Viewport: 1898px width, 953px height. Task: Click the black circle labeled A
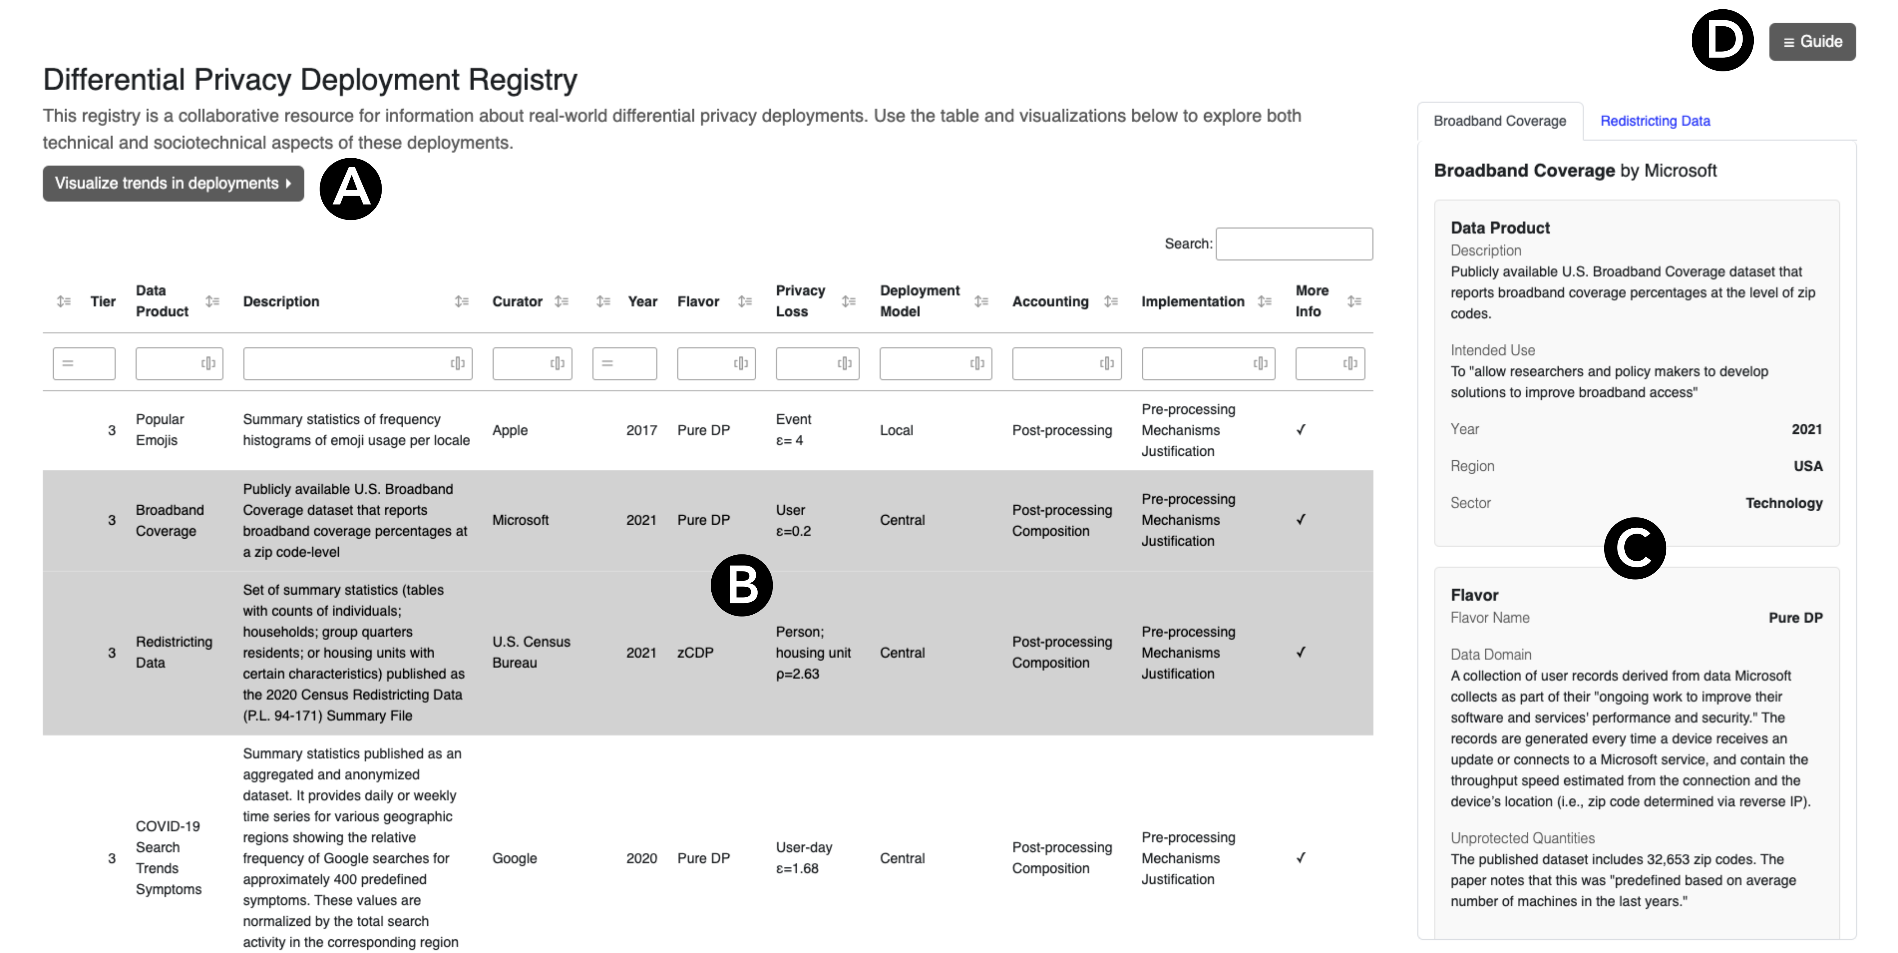351,189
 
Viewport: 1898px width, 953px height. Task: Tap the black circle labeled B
741,585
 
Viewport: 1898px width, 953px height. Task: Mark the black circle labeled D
1722,41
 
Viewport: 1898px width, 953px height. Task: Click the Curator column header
517,301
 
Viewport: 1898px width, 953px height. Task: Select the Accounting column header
1050,301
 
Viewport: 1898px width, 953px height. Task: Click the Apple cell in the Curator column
510,431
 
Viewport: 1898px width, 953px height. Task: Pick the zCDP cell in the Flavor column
695,652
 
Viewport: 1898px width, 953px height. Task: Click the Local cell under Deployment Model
896,431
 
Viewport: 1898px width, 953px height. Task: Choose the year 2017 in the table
641,431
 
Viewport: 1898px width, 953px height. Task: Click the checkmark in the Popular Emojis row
1300,430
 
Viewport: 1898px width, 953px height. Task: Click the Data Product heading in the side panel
1499,228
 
